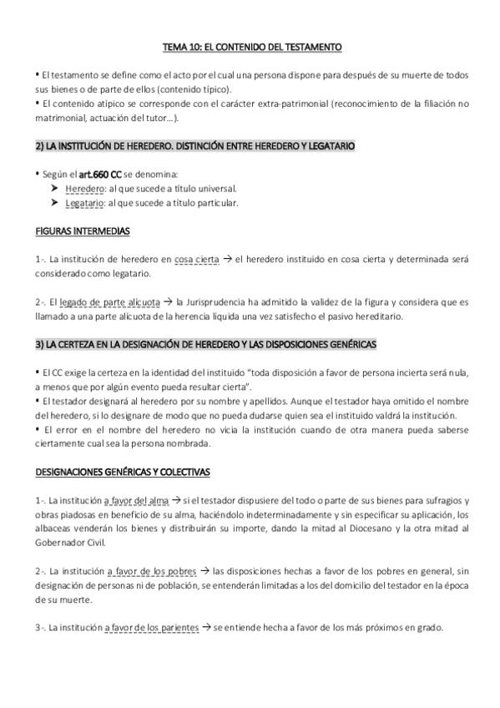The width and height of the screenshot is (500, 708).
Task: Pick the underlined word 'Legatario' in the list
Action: [84, 202]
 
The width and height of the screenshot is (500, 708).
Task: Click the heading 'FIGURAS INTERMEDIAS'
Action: [83, 230]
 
